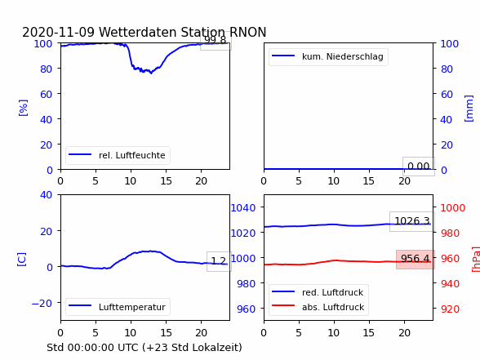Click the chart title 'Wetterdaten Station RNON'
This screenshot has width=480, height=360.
point(183,32)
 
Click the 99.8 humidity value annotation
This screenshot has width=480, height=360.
point(216,40)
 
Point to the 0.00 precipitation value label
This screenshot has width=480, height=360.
point(419,167)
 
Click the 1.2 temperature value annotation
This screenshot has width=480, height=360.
point(219,261)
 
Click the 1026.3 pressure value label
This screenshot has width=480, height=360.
point(412,221)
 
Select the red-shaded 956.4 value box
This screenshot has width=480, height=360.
point(416,259)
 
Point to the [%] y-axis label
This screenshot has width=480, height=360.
point(23,108)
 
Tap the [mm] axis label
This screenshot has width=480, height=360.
point(469,109)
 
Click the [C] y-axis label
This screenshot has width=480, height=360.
point(22,259)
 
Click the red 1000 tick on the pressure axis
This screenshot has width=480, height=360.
point(453,208)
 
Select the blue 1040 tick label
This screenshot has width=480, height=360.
point(243,208)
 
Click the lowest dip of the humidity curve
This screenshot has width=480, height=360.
point(151,73)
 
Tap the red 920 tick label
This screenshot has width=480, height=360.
point(450,309)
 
